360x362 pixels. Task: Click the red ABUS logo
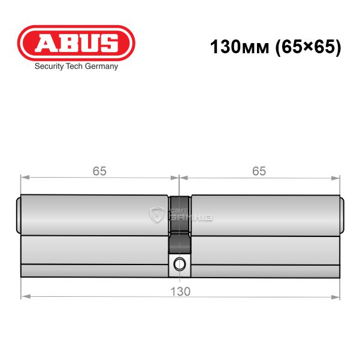tap(76, 43)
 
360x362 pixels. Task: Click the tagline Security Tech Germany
tap(76, 66)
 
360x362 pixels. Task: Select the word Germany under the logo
tap(101, 66)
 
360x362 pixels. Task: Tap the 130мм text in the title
tap(240, 47)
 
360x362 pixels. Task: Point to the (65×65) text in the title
tap(308, 47)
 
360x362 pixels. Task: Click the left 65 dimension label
tap(99, 171)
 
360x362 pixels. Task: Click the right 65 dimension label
tap(259, 171)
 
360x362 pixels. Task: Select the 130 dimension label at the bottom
tap(180, 291)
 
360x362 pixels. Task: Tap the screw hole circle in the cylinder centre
tap(180, 264)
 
